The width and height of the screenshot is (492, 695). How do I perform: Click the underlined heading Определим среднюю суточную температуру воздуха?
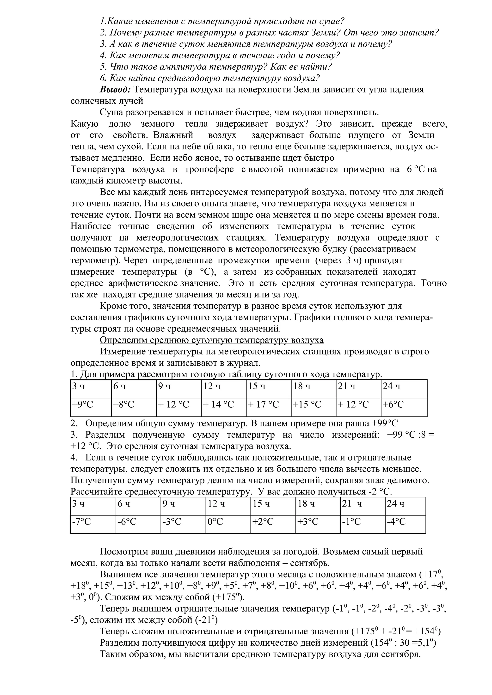[x=212, y=340]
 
